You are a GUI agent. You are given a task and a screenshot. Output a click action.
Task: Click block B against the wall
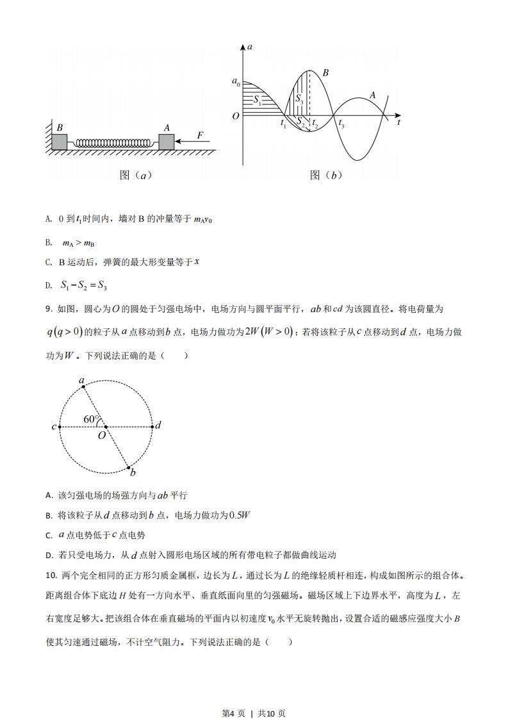click(x=60, y=142)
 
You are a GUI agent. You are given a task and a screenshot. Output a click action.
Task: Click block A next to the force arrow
click(x=167, y=142)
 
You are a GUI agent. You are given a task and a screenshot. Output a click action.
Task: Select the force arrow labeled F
click(x=192, y=142)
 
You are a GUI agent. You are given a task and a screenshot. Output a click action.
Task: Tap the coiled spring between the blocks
click(x=113, y=143)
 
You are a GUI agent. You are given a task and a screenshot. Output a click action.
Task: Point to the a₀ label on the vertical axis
click(x=236, y=82)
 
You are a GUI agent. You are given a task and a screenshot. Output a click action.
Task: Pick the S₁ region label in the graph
click(x=257, y=99)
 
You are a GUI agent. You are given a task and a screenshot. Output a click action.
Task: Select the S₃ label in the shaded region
click(x=299, y=99)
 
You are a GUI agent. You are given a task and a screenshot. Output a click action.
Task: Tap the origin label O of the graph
click(x=235, y=116)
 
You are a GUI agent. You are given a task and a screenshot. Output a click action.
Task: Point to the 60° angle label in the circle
click(x=92, y=420)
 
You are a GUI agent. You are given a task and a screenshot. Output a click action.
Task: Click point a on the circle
click(x=83, y=387)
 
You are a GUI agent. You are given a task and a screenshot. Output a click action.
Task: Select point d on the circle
click(x=152, y=426)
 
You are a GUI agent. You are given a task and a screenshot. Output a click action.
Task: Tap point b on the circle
click(x=129, y=467)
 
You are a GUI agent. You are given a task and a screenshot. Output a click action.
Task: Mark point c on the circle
click(x=60, y=426)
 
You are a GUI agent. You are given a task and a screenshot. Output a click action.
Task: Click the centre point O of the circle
click(x=106, y=426)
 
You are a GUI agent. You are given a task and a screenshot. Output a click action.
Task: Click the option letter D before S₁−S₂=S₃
click(x=48, y=285)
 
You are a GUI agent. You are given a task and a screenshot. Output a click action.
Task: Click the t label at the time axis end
click(x=398, y=121)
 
